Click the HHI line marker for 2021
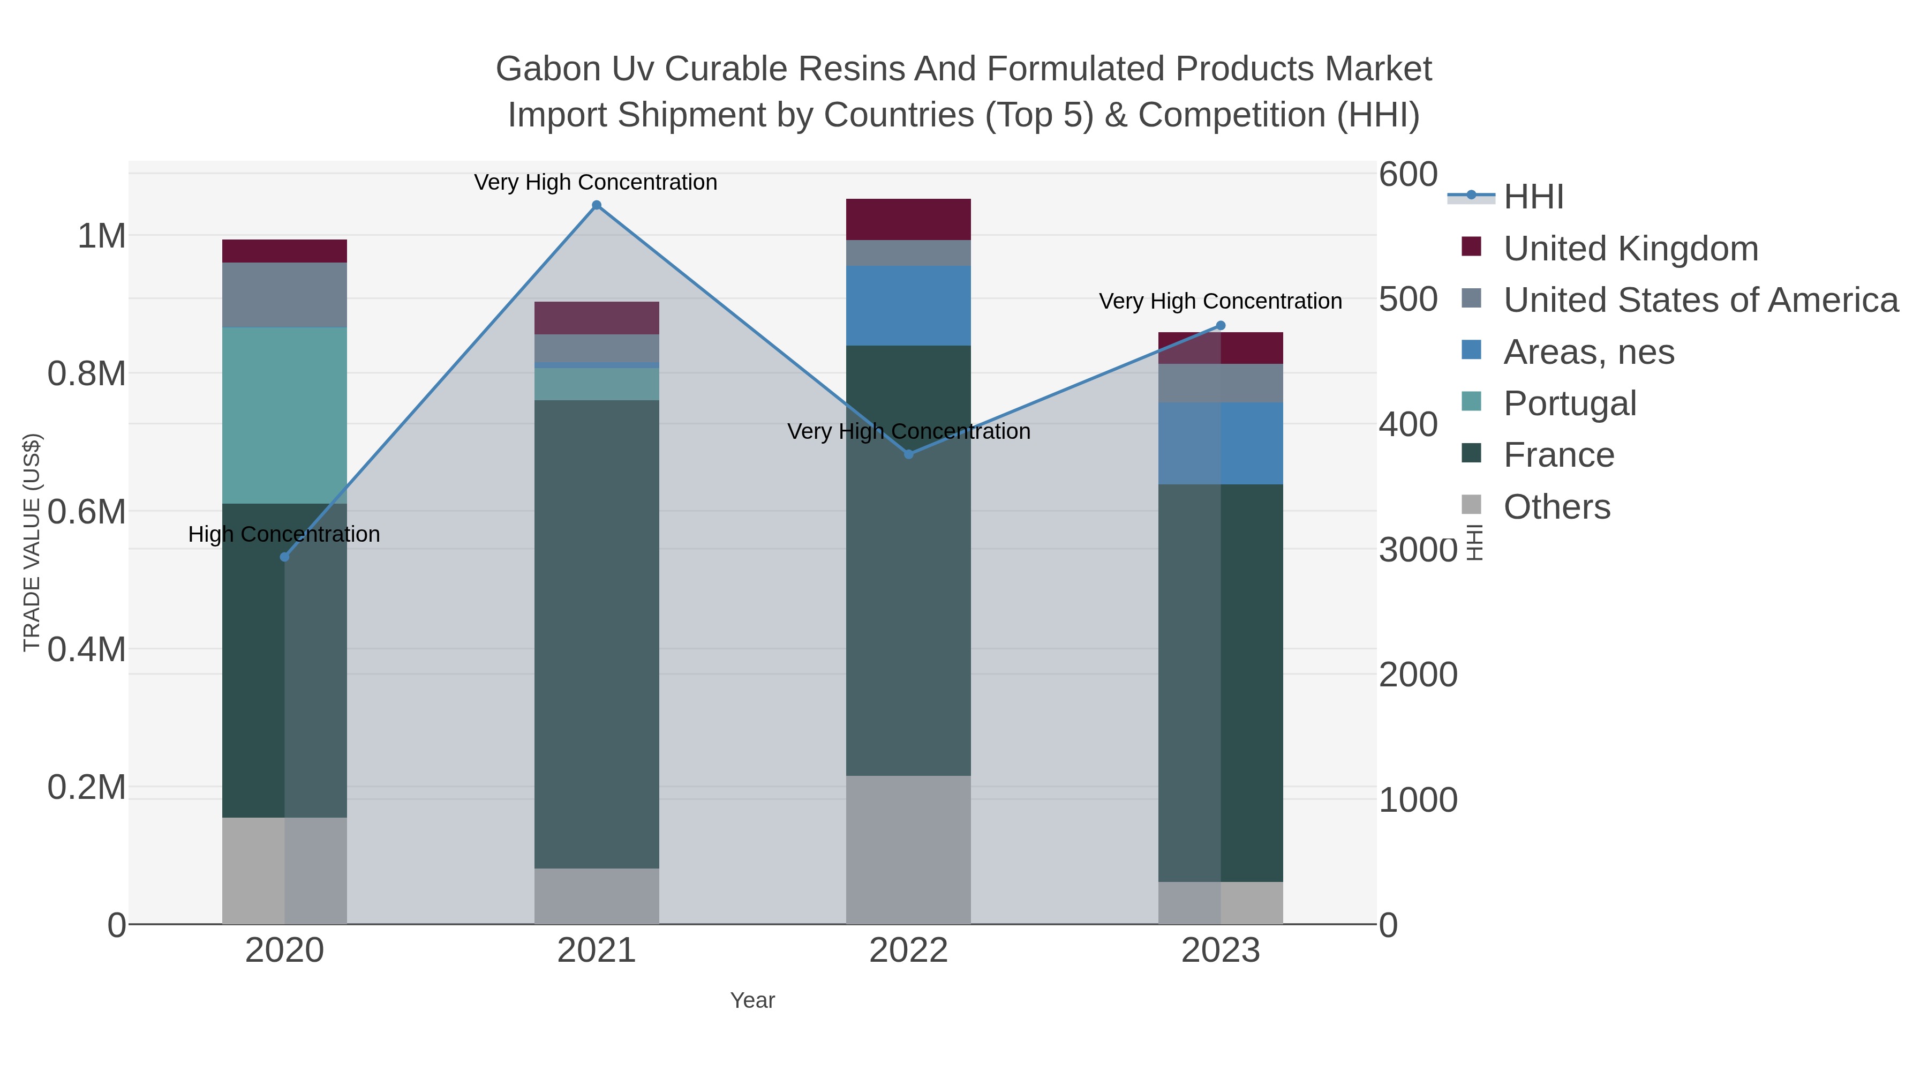[597, 205]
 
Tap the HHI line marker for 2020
[284, 557]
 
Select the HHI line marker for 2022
[909, 454]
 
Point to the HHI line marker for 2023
[1221, 326]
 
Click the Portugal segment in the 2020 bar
[284, 416]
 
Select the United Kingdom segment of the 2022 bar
[909, 219]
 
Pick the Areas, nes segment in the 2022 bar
[909, 305]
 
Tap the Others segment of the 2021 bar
[597, 896]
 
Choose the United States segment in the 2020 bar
[284, 295]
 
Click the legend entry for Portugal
[1570, 403]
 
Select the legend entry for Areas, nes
[1588, 352]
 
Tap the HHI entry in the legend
[1533, 197]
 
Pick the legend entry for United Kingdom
[1630, 249]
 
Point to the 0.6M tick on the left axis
[86, 513]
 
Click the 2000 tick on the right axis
[1418, 675]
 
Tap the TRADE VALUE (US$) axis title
[32, 542]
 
